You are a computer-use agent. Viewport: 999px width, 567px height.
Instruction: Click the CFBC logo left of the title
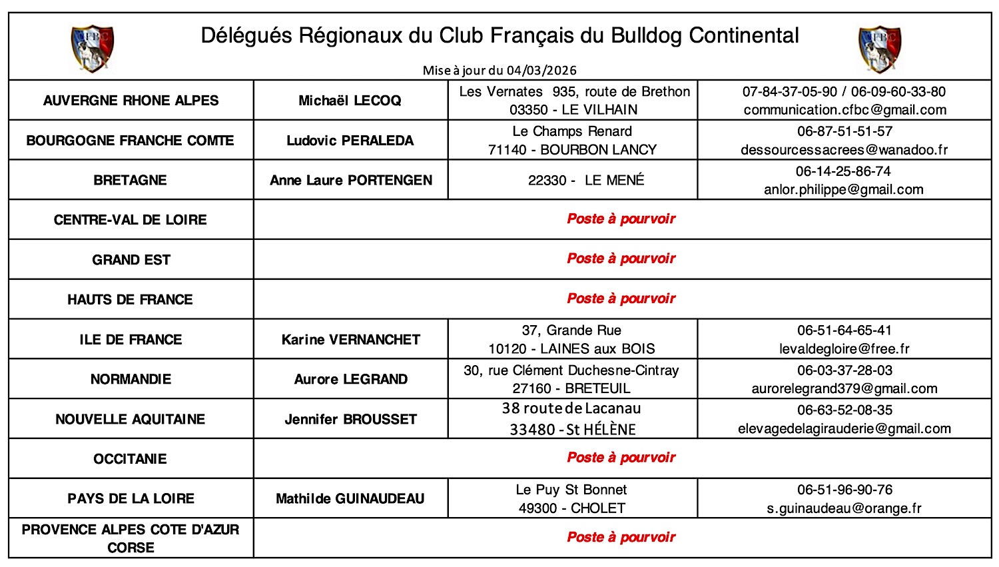click(x=93, y=48)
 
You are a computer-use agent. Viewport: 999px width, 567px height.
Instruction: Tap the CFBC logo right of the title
click(x=880, y=48)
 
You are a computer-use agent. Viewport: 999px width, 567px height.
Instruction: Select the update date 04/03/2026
click(x=541, y=71)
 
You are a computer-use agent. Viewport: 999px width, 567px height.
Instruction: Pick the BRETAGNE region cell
click(x=131, y=180)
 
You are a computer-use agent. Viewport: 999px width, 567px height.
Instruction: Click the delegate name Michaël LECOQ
click(x=350, y=101)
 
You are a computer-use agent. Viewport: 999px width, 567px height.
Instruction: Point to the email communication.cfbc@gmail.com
click(x=844, y=110)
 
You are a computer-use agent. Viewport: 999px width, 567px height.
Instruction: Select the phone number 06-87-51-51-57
click(x=844, y=131)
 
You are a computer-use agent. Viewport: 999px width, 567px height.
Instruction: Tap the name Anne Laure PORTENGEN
click(x=351, y=180)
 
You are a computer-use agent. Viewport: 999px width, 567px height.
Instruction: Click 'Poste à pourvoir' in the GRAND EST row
click(x=621, y=259)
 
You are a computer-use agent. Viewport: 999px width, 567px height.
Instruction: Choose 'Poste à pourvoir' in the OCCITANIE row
click(x=621, y=458)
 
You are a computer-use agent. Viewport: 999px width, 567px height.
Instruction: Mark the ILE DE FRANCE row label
click(x=131, y=340)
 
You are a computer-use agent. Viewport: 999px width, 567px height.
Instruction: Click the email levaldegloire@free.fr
click(x=844, y=349)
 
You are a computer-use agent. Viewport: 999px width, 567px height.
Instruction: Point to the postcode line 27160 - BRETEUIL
click(x=571, y=388)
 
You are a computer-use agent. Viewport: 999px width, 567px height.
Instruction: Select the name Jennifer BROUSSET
click(x=351, y=419)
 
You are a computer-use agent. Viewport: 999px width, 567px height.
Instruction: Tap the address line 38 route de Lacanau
click(x=571, y=408)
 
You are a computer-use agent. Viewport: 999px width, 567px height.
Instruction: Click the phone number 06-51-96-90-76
click(x=844, y=490)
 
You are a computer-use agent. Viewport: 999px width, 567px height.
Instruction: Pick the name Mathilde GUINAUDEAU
click(x=350, y=498)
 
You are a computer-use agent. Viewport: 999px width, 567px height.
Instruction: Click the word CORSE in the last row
click(x=131, y=548)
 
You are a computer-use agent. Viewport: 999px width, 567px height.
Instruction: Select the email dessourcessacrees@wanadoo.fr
click(x=844, y=150)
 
